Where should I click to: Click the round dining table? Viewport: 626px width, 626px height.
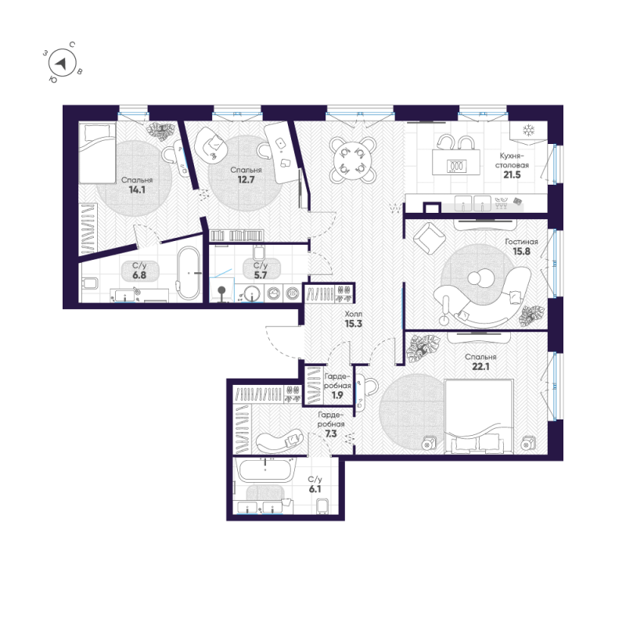pyautogui.click(x=350, y=158)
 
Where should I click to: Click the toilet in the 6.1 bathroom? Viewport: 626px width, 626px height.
pyautogui.click(x=322, y=505)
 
